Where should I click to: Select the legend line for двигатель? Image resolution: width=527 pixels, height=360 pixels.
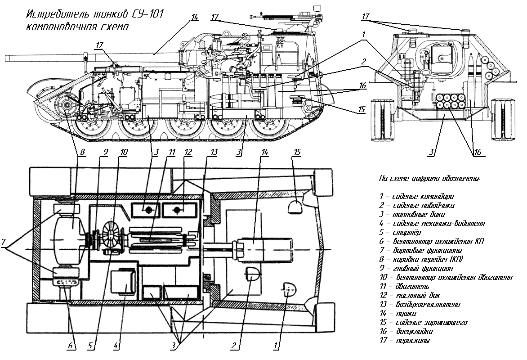coord(405,286)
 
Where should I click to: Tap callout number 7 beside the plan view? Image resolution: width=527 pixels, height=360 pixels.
coord(4,243)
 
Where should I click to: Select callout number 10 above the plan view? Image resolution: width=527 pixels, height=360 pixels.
coord(124,152)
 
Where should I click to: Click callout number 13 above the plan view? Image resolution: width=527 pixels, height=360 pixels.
coord(213,152)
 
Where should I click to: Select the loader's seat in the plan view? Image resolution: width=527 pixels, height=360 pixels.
coord(295,207)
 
